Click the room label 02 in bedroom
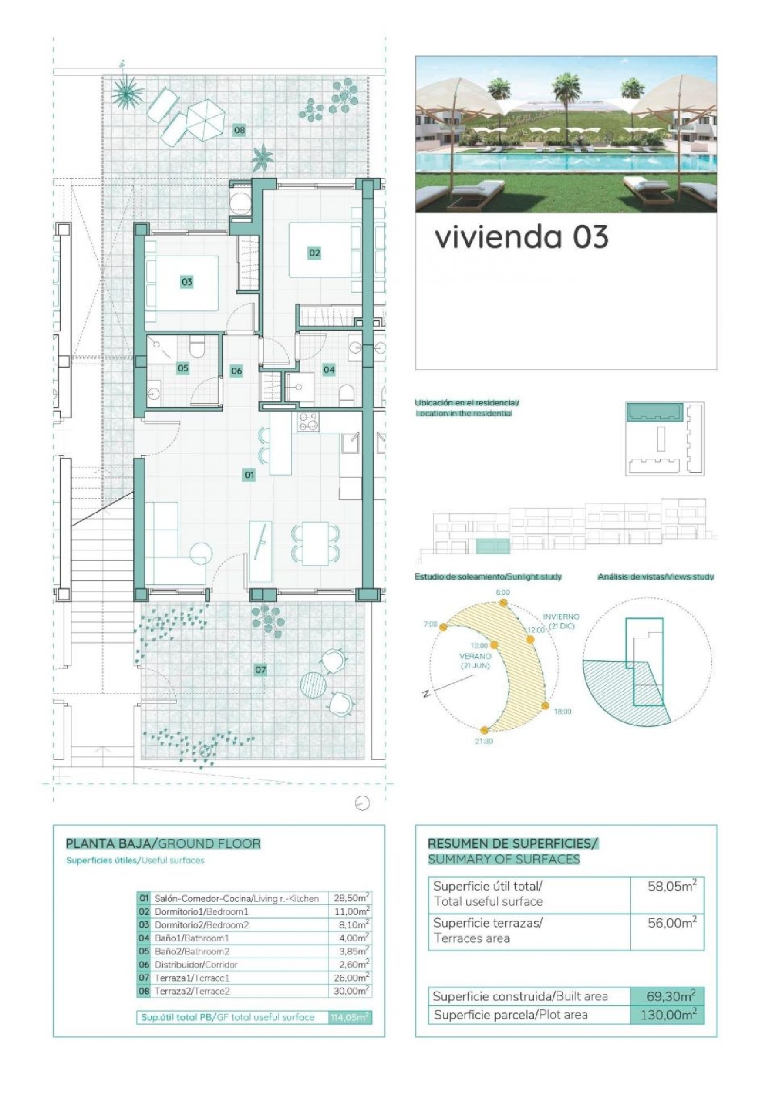314,253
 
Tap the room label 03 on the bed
186,281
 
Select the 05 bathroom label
183,368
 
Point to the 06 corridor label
236,371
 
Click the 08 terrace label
239,130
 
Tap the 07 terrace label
260,670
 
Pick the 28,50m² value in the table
350,898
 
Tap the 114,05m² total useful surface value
350,1017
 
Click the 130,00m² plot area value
668,1015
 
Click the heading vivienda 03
521,238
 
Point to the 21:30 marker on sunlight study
484,730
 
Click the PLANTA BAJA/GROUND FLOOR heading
163,844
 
